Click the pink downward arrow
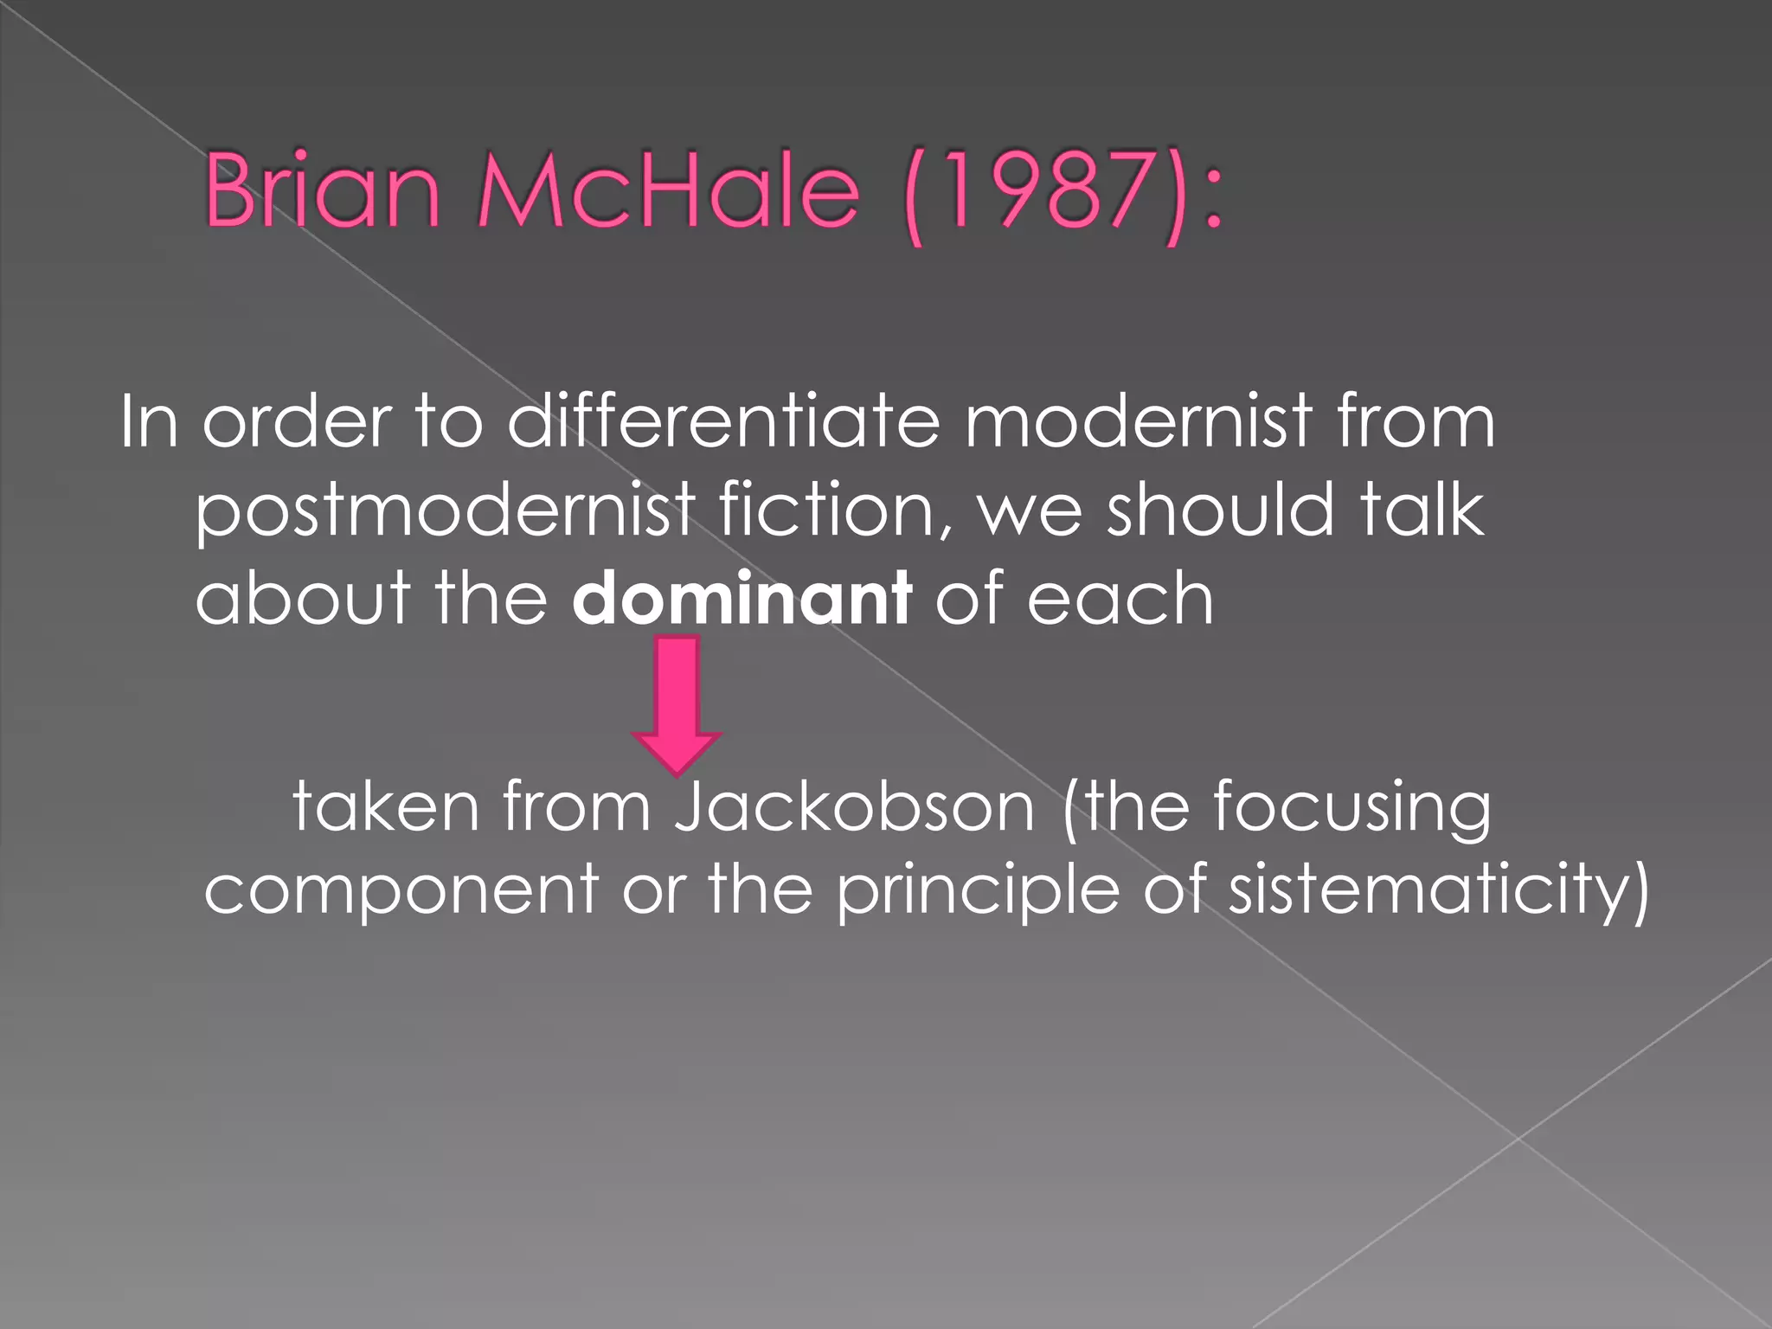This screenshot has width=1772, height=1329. (677, 705)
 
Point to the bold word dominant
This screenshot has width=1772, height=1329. (742, 598)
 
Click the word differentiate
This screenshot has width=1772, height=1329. (722, 421)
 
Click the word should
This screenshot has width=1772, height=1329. (1221, 510)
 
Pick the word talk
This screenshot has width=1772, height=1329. (1422, 510)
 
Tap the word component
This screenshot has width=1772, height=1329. (401, 891)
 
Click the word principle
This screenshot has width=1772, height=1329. (978, 891)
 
